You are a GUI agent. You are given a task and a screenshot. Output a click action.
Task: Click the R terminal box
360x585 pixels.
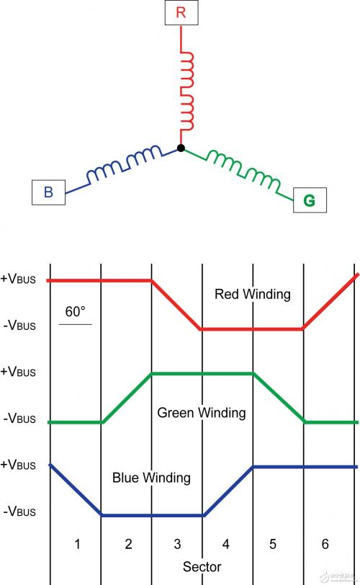click(x=181, y=13)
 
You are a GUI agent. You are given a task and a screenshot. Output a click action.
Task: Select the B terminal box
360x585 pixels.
click(x=48, y=192)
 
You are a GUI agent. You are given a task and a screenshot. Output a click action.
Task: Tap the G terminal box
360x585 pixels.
click(x=310, y=200)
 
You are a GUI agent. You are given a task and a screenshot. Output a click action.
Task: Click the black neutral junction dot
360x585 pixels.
click(x=181, y=148)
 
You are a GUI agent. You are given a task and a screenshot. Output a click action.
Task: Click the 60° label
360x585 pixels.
click(x=76, y=311)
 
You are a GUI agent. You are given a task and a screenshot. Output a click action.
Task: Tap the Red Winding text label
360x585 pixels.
click(x=252, y=294)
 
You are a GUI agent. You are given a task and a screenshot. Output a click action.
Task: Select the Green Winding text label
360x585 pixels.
click(x=202, y=413)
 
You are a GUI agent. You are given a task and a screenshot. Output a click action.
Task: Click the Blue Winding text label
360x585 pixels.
click(x=151, y=478)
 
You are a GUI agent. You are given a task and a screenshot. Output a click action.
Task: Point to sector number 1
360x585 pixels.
click(x=77, y=544)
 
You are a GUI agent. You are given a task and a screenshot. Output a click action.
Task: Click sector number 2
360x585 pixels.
click(x=128, y=544)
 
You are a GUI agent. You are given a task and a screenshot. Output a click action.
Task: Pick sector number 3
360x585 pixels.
click(x=177, y=544)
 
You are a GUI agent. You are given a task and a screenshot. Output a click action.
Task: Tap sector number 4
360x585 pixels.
click(x=226, y=544)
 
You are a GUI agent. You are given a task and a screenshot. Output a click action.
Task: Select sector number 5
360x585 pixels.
click(x=273, y=544)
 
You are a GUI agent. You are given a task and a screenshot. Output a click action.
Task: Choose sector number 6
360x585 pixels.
click(x=325, y=544)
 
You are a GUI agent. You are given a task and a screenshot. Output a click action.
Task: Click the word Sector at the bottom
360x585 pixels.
click(x=202, y=567)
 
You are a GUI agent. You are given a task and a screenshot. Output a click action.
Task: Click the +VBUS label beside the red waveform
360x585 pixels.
click(x=18, y=279)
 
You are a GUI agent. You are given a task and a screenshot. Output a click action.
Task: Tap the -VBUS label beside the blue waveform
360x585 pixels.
click(x=19, y=512)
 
